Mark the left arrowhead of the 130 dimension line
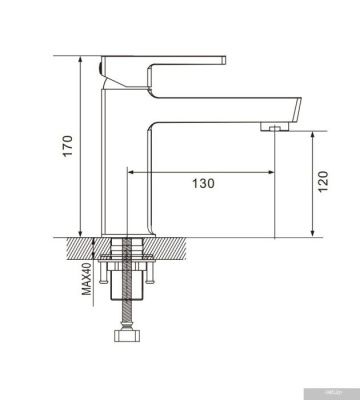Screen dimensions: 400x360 click(130, 172)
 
